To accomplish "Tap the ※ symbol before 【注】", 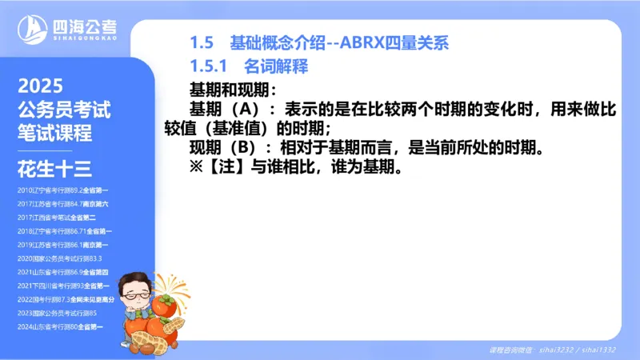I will tap(197, 169).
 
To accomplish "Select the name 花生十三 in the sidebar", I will tap(55, 170).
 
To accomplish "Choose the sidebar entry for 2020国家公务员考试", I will tap(60, 258).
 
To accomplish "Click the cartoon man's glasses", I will tap(136, 292).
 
